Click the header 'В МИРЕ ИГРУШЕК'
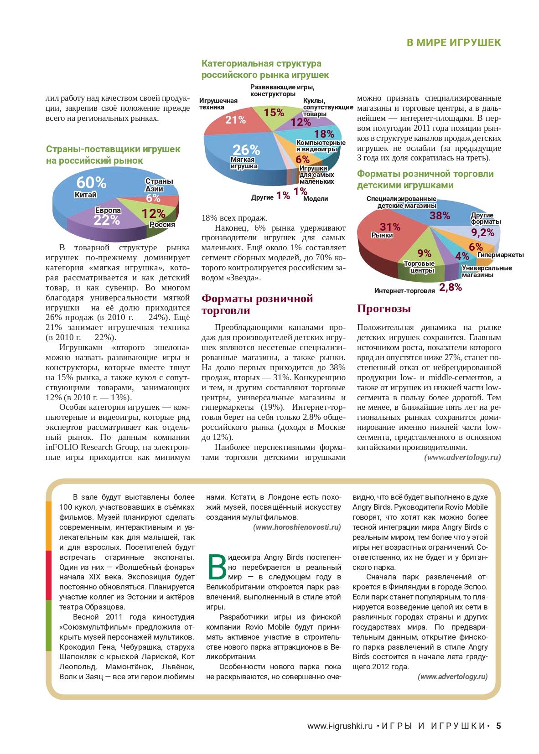453,42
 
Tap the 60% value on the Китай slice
91,183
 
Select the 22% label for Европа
107,220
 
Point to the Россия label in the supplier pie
162,225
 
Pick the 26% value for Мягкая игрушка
246,150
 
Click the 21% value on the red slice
236,120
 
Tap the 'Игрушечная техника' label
218,104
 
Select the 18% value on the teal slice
324,134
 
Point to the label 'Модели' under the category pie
316,199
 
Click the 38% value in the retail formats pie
440,216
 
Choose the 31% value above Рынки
390,227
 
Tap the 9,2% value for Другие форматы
482,233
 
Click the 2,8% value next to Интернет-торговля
451,287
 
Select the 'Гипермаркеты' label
500,255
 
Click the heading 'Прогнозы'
384,309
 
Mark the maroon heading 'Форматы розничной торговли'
257,305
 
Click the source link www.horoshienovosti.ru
297,527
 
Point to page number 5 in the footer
498,726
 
